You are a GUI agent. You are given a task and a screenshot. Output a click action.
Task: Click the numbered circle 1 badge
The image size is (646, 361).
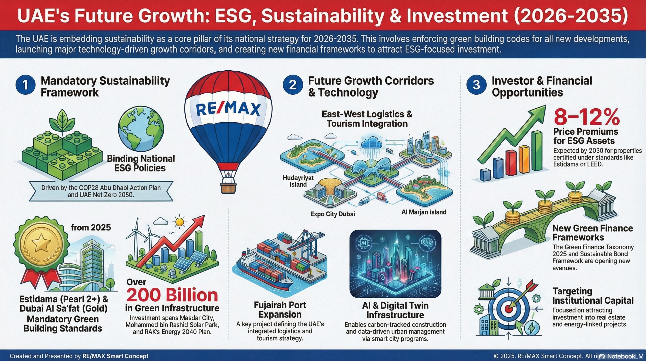click(25, 85)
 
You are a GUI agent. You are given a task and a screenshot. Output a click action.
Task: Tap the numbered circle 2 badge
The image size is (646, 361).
click(293, 85)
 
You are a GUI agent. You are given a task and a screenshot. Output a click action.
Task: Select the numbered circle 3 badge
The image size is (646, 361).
click(476, 85)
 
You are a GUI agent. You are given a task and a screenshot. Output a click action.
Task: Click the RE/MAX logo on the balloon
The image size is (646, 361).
click(228, 110)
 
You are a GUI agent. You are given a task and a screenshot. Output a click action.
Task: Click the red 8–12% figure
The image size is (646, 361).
click(587, 117)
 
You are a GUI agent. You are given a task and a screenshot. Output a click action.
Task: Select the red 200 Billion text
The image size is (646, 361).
click(172, 295)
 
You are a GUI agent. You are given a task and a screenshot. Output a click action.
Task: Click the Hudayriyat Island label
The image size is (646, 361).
click(298, 181)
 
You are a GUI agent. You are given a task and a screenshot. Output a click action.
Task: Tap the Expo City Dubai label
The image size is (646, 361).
click(333, 214)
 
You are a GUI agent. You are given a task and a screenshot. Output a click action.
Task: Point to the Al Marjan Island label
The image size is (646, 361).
click(424, 212)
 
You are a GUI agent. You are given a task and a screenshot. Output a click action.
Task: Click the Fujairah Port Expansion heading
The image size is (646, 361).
click(280, 310)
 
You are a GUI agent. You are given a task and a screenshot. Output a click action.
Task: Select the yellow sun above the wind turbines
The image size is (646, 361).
click(180, 222)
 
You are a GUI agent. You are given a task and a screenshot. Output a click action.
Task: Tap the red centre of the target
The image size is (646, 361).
click(508, 309)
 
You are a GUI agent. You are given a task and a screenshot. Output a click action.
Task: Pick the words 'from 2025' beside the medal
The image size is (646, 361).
click(91, 228)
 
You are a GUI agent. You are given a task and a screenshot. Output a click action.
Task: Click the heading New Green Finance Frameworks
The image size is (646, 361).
click(593, 233)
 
